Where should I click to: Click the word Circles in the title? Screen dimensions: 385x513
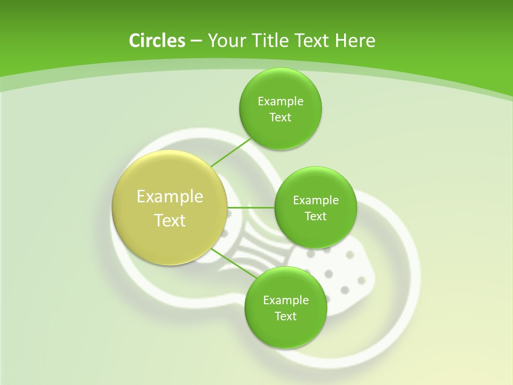pyautogui.click(x=157, y=41)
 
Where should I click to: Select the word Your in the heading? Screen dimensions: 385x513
pyautogui.click(x=224, y=41)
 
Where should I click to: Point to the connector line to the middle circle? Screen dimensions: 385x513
pyautogui.click(x=251, y=207)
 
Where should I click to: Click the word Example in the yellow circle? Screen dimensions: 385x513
pyautogui.click(x=170, y=197)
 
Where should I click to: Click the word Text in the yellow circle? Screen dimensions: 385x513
pyautogui.click(x=170, y=220)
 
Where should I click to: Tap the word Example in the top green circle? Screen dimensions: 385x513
pyautogui.click(x=281, y=101)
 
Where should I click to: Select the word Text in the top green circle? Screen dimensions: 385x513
pyautogui.click(x=280, y=118)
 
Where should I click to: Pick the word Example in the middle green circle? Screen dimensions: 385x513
pyautogui.click(x=316, y=200)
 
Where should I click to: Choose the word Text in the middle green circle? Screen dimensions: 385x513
pyautogui.click(x=315, y=217)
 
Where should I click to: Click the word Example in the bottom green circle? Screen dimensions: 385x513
pyautogui.click(x=286, y=300)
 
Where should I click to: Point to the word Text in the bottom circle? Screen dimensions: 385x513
pyautogui.click(x=285, y=317)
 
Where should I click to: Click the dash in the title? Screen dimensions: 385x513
pyautogui.click(x=196, y=41)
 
